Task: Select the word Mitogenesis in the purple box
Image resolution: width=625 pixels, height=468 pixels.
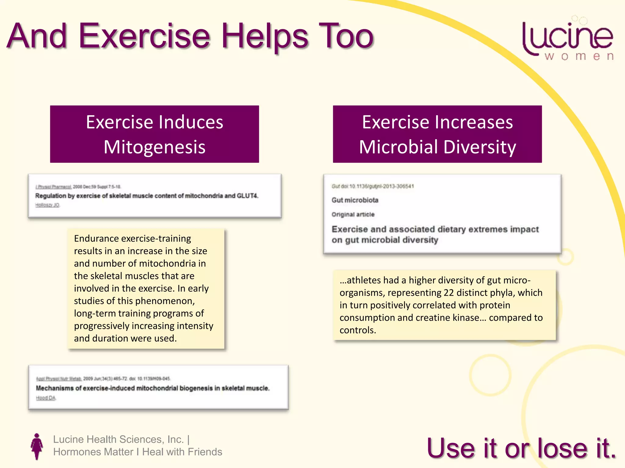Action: pyautogui.click(x=154, y=147)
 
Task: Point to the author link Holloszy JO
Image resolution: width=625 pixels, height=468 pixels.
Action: pyautogui.click(x=47, y=205)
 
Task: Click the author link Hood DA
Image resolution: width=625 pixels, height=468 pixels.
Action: pyautogui.click(x=46, y=398)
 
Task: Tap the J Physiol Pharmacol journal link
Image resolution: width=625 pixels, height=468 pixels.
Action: pyautogui.click(x=53, y=187)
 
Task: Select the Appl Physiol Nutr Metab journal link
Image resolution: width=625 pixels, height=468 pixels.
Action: pyautogui.click(x=59, y=379)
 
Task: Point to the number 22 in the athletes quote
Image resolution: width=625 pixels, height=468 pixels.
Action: pyautogui.click(x=449, y=293)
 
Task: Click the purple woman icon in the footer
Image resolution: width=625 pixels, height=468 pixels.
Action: pyautogui.click(x=37, y=446)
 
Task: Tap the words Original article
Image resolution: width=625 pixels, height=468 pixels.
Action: pyautogui.click(x=353, y=214)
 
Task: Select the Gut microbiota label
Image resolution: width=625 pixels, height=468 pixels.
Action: pyautogui.click(x=355, y=200)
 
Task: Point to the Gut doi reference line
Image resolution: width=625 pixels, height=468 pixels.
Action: pyautogui.click(x=373, y=186)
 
